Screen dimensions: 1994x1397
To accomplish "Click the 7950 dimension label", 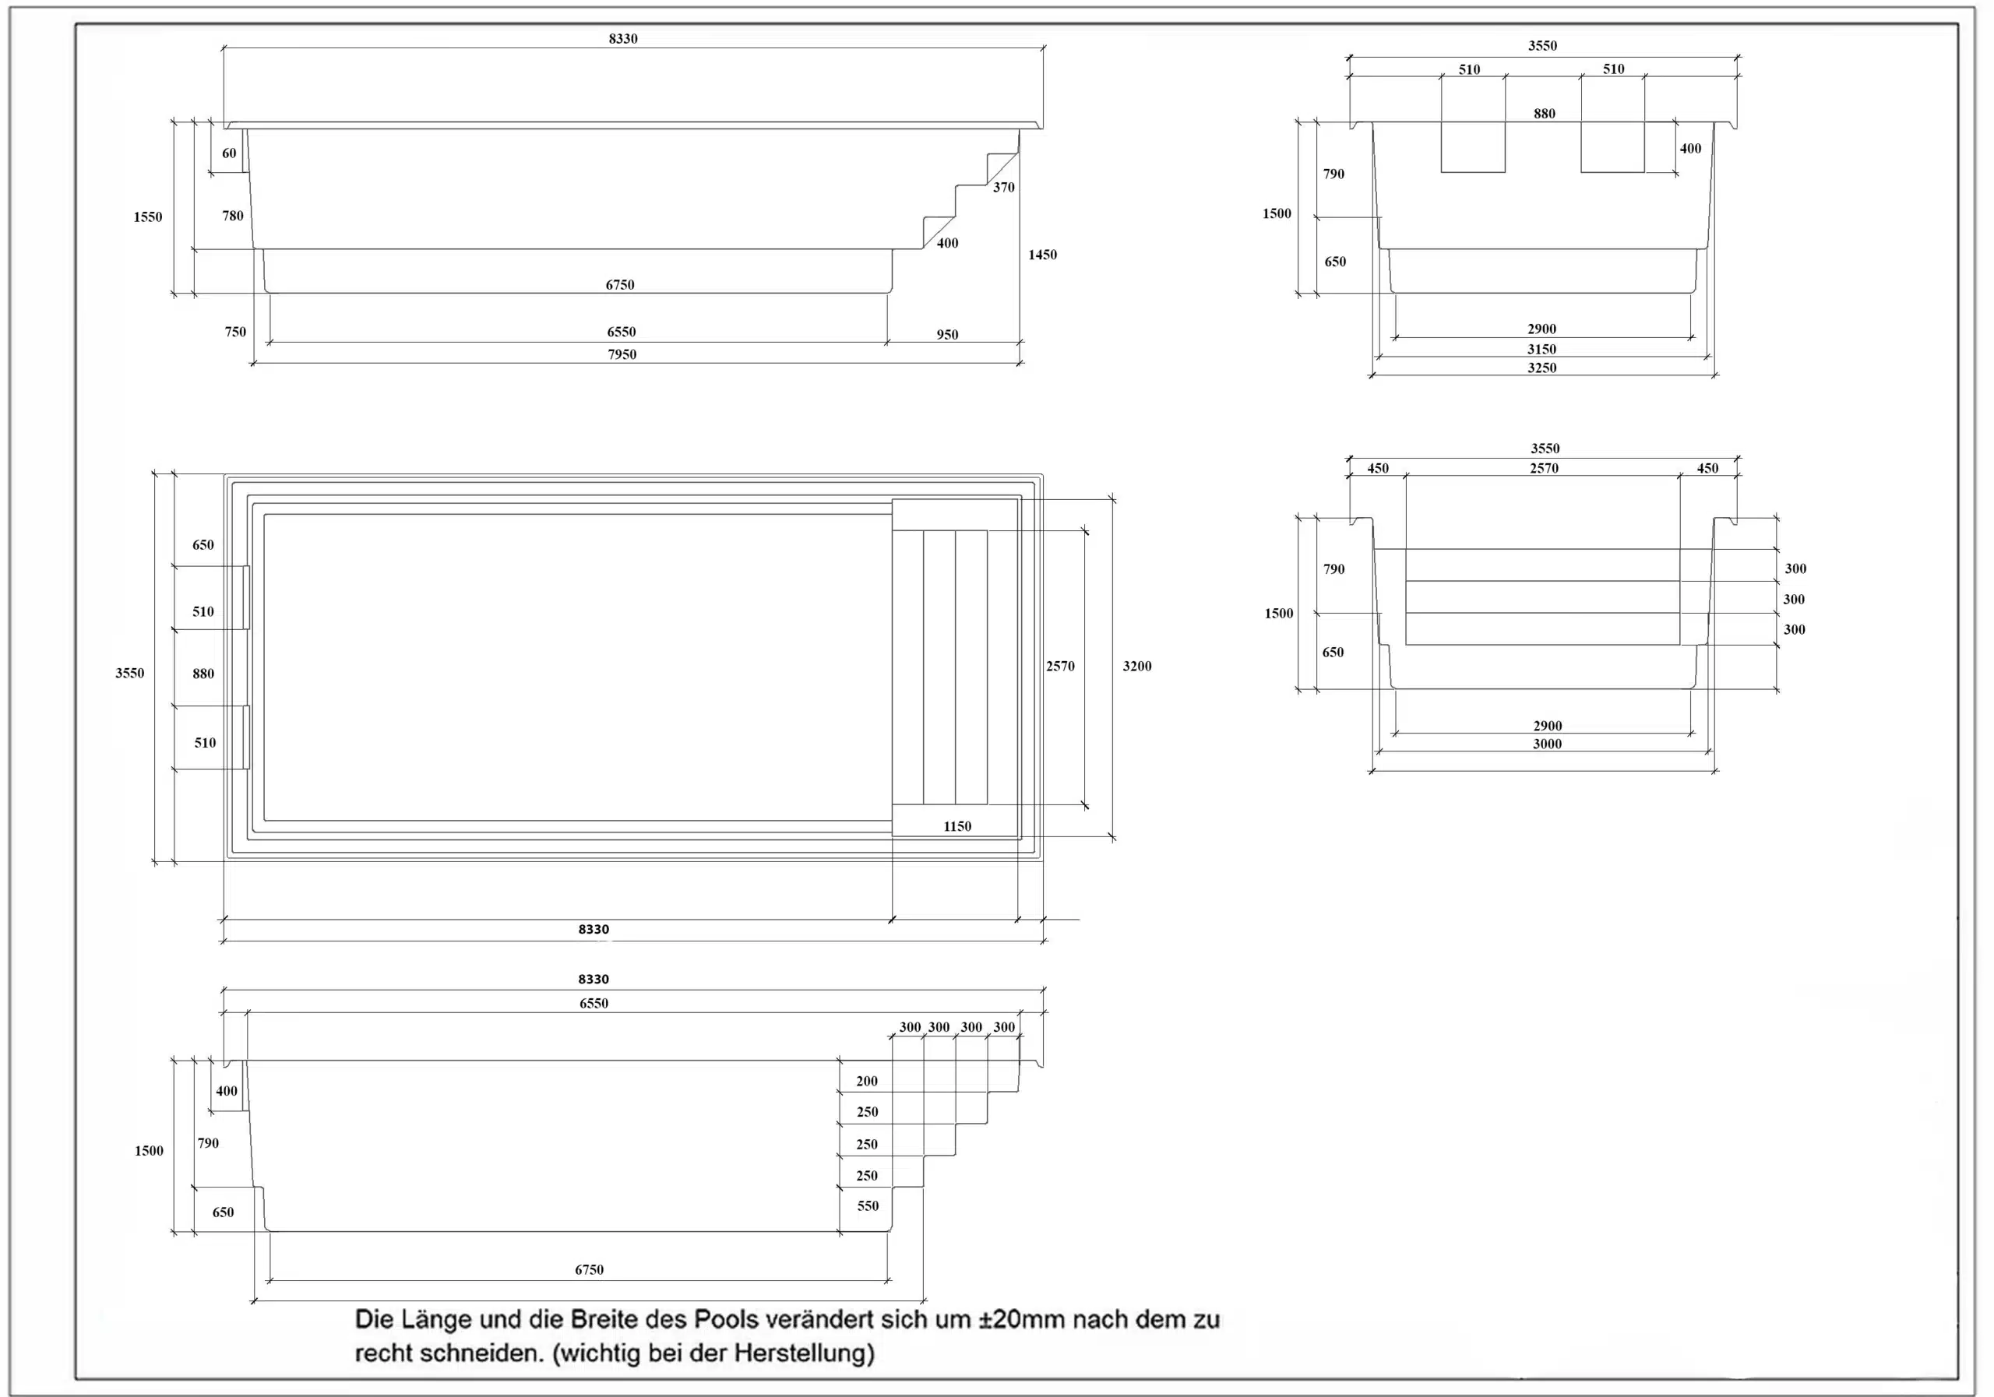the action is [622, 354].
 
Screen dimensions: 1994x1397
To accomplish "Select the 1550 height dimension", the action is [148, 217].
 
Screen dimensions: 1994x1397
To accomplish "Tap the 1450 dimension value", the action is [1042, 255].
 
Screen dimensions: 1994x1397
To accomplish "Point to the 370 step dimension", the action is [1003, 188].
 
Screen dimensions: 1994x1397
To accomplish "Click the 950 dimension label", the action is [946, 334].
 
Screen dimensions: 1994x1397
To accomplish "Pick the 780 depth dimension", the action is [233, 216].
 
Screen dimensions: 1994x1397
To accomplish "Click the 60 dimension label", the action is [228, 153].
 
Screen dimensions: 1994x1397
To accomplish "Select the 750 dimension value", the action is [234, 332].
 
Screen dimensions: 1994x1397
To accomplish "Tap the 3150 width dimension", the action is [1541, 349].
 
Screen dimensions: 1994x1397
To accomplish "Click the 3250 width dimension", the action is [1541, 368].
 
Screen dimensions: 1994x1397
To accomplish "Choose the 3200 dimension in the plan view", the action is [1137, 666].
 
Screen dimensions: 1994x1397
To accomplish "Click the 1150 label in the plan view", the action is [957, 826].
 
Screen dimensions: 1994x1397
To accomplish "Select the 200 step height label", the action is [867, 1081].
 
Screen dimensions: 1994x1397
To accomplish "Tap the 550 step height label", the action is [868, 1206].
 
